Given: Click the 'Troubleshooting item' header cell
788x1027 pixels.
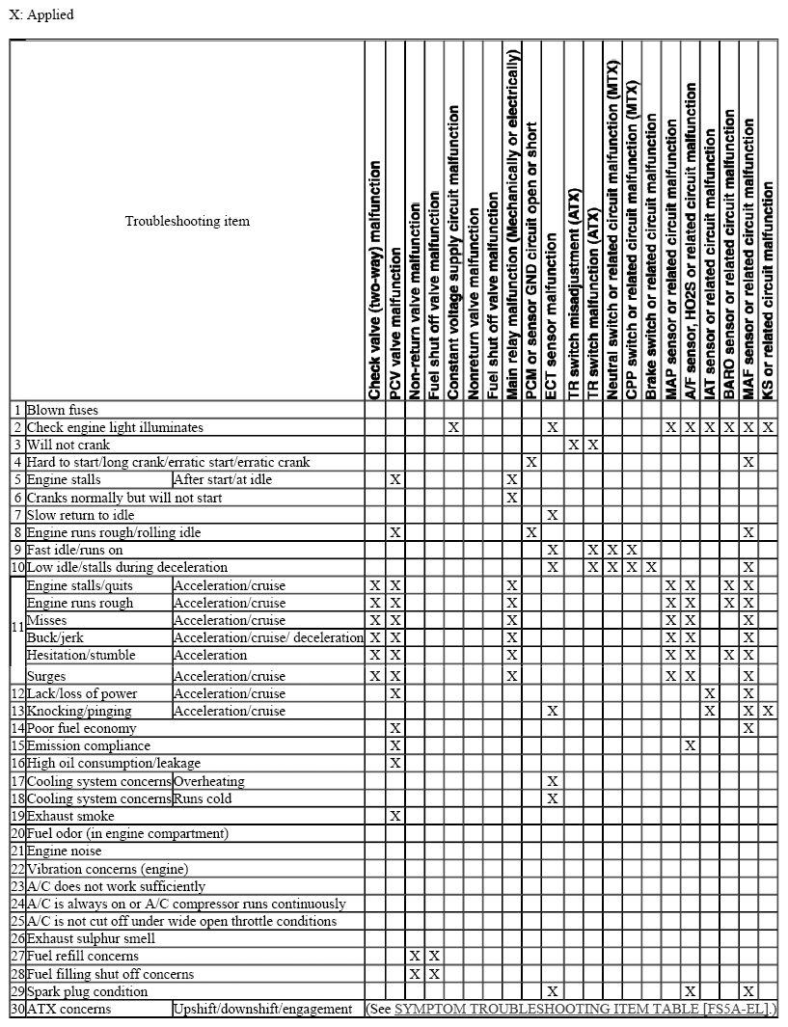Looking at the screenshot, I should click(x=187, y=221).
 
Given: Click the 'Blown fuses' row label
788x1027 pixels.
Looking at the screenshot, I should click(x=62, y=410).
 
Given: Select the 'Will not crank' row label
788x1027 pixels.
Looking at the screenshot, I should click(x=68, y=445).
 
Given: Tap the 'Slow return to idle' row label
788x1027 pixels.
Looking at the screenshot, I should click(x=80, y=515).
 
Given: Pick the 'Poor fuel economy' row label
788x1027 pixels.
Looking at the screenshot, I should click(x=81, y=728).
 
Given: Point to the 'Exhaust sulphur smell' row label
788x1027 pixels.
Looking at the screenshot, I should click(x=93, y=937).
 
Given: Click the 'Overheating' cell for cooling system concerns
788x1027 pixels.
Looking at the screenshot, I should click(x=208, y=781).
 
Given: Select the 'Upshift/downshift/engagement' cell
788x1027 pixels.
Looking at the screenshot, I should click(x=262, y=1009).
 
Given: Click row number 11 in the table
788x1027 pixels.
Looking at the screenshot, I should click(x=17, y=628).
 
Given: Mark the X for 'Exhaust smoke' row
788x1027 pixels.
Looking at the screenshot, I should click(x=394, y=816).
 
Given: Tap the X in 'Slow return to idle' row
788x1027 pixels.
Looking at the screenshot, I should click(x=552, y=515).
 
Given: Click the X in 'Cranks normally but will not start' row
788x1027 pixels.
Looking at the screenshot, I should click(x=512, y=498).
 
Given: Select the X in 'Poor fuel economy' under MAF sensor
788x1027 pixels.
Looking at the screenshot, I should click(x=748, y=728).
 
